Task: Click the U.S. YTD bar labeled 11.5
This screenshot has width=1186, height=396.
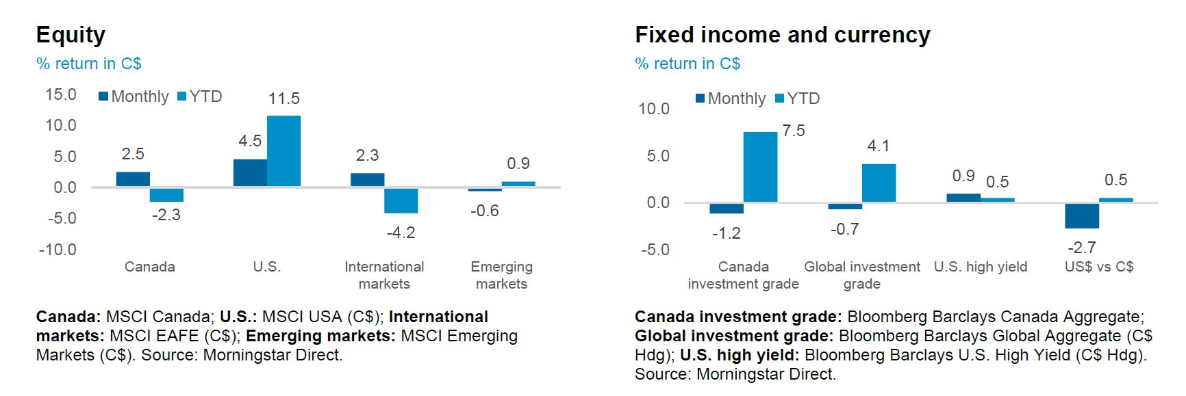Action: [x=283, y=151]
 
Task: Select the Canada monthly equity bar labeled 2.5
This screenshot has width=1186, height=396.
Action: [x=133, y=179]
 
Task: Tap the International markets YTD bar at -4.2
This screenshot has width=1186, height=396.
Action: [x=401, y=200]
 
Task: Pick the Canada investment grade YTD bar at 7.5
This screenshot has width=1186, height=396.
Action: [x=760, y=168]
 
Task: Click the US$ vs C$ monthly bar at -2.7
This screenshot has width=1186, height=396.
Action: [x=1082, y=215]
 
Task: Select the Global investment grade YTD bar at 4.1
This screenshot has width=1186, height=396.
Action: [x=879, y=183]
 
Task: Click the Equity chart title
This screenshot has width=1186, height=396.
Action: [x=71, y=35]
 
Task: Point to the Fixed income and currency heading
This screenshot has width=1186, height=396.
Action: [x=782, y=35]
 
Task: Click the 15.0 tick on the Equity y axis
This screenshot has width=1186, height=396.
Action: [x=61, y=94]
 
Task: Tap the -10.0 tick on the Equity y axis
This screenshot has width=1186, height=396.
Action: [x=58, y=250]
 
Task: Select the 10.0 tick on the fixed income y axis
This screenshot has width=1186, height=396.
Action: [x=654, y=109]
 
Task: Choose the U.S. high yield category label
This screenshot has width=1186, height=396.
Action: [x=981, y=267]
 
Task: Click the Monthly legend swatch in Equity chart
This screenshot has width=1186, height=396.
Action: [x=103, y=96]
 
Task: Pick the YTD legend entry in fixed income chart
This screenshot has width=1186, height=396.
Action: [x=797, y=98]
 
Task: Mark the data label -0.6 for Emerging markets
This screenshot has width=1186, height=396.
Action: [x=484, y=211]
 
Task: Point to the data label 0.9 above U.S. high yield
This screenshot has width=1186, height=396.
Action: [x=963, y=176]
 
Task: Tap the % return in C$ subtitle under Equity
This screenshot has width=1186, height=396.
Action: [x=88, y=64]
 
